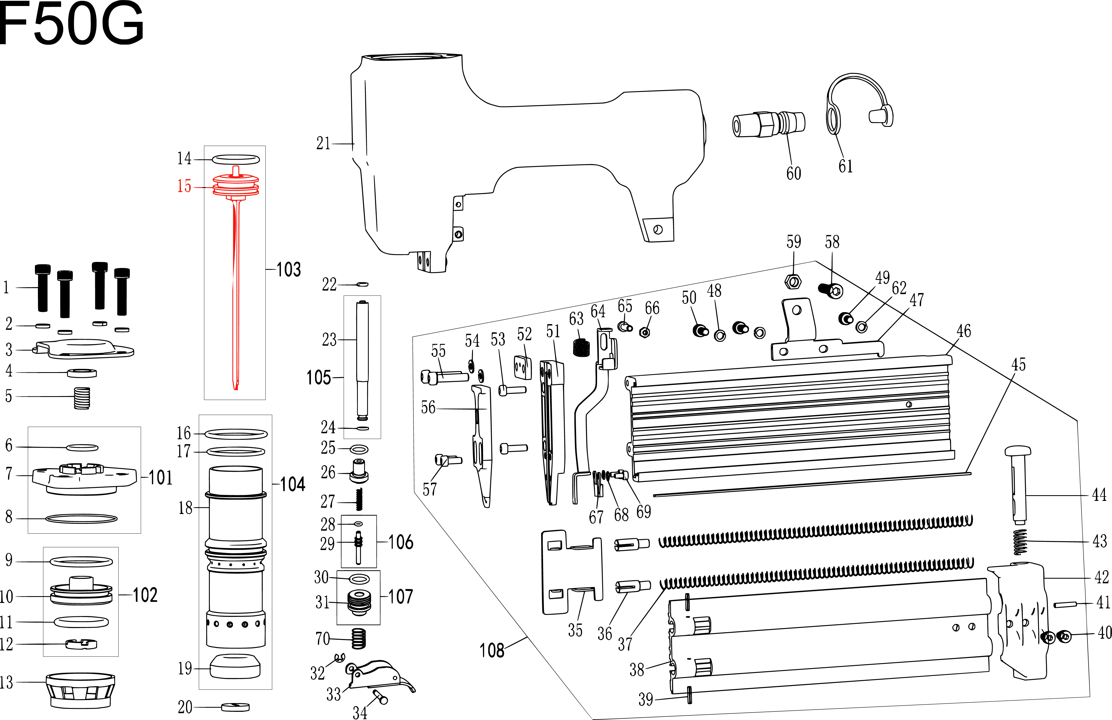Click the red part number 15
click(x=184, y=186)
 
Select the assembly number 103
click(x=288, y=270)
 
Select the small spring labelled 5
click(x=82, y=398)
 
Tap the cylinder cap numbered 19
click(x=235, y=667)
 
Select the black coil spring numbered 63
click(x=581, y=348)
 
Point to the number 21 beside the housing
click(x=323, y=143)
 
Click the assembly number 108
click(x=491, y=650)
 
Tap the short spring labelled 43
click(x=1020, y=542)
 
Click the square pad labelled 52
click(x=523, y=367)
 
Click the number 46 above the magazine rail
click(x=963, y=331)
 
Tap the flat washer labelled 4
click(x=82, y=373)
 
